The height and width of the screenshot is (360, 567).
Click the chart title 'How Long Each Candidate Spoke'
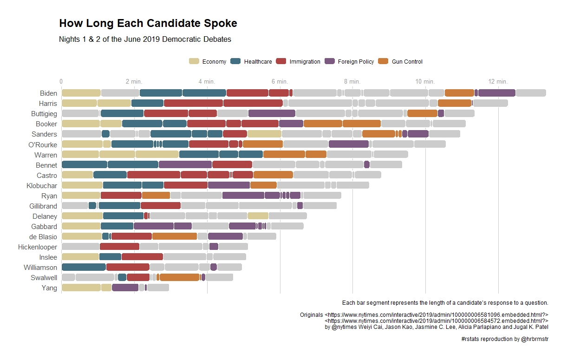coord(148,24)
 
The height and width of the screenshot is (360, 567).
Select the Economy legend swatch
coord(194,61)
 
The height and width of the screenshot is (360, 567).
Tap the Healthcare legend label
coord(258,62)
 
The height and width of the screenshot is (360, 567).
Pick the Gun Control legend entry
coord(407,62)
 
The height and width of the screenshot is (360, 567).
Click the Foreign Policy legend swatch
coord(330,61)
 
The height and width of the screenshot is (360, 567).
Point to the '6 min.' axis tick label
coord(280,82)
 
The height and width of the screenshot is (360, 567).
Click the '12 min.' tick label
coord(498,82)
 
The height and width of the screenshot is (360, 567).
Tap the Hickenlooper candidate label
coord(38,247)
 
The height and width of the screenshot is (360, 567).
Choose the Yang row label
coord(49,288)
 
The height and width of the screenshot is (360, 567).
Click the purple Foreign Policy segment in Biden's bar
coord(496,93)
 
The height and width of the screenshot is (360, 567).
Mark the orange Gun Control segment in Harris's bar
coord(455,103)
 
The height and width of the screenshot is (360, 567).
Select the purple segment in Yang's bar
coord(125,288)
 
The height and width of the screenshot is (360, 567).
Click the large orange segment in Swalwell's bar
coord(179,277)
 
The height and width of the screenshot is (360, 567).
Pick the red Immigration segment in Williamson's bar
coord(128,267)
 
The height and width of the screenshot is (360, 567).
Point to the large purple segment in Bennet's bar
coord(185,164)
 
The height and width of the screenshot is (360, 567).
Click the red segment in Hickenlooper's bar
coord(119,247)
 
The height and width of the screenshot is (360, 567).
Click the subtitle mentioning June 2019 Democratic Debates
coord(145,39)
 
